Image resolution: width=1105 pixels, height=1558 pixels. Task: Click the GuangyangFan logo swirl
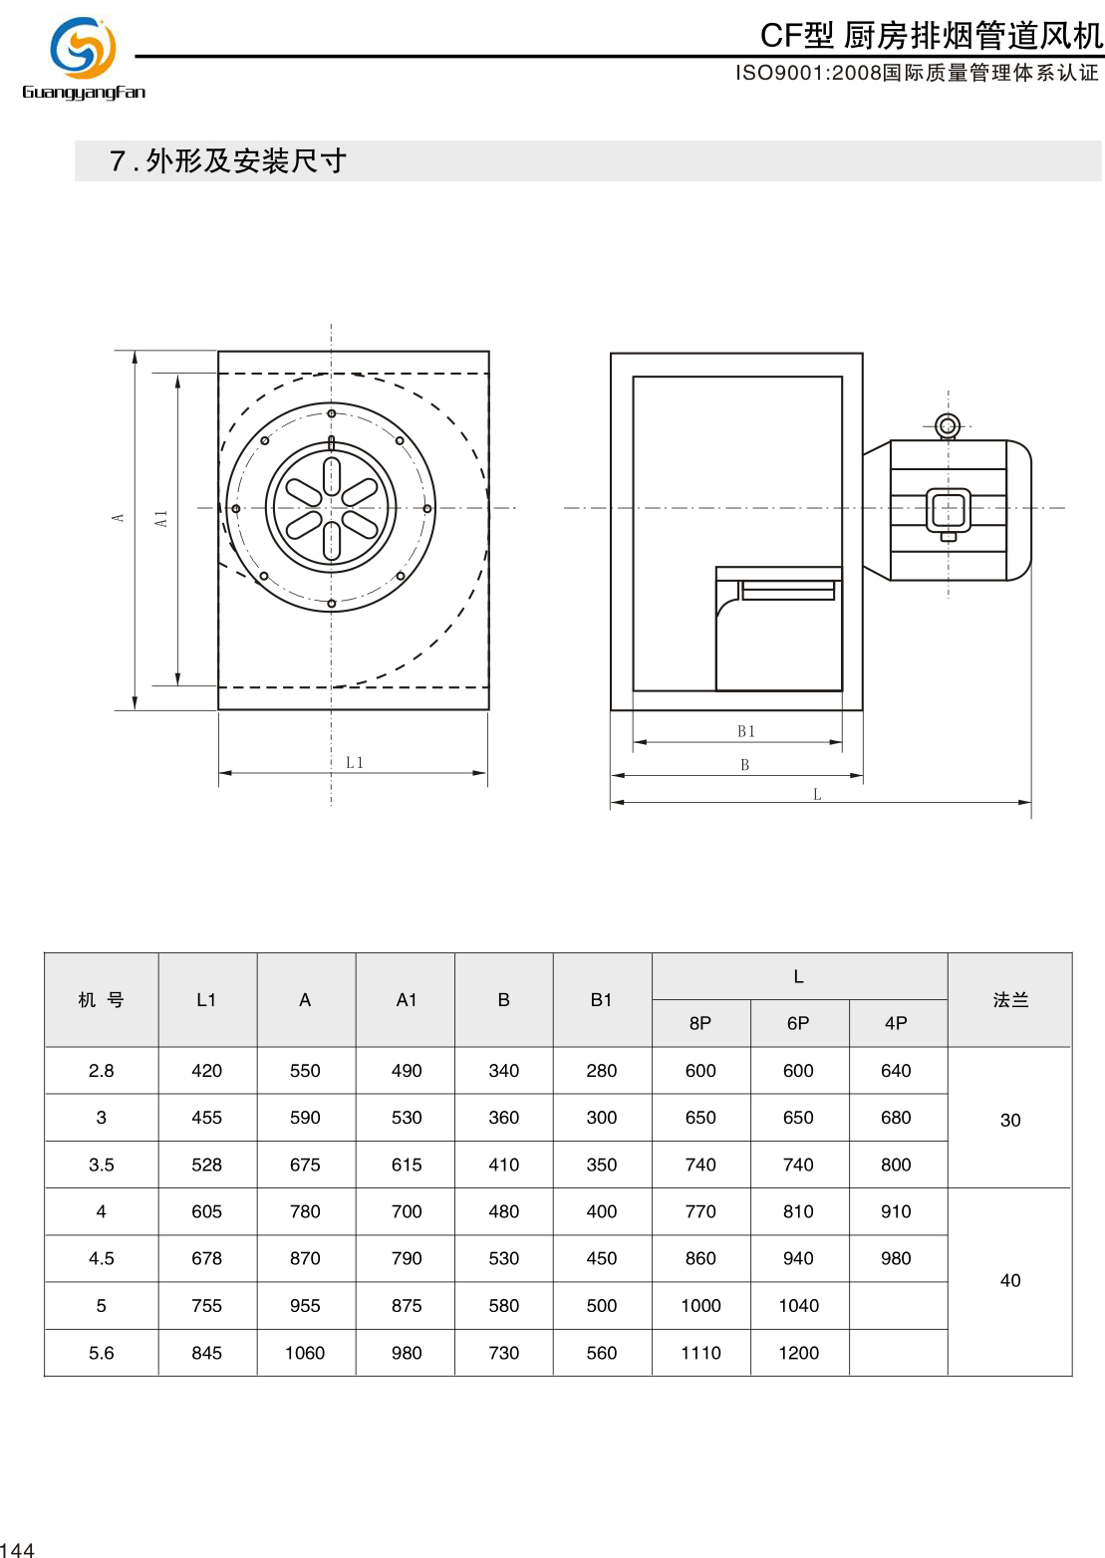pyautogui.click(x=84, y=47)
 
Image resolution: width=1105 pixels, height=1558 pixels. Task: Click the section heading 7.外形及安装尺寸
pyautogui.click(x=228, y=161)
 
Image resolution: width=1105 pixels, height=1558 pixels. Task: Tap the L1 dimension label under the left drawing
pyautogui.click(x=355, y=763)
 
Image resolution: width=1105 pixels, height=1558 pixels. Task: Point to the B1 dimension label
pyautogui.click(x=746, y=731)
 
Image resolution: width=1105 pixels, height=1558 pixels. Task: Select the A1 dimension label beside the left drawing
pyautogui.click(x=161, y=518)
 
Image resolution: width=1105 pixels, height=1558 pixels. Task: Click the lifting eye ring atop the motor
pyautogui.click(x=948, y=426)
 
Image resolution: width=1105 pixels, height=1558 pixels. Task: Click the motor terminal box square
pyautogui.click(x=949, y=510)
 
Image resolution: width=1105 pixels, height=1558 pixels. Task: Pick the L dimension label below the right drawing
pyautogui.click(x=817, y=794)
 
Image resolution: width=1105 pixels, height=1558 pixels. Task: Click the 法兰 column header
pyautogui.click(x=1009, y=999)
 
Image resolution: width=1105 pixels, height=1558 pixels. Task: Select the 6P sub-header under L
pyautogui.click(x=798, y=1023)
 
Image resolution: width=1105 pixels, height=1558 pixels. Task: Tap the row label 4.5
pyautogui.click(x=102, y=1258)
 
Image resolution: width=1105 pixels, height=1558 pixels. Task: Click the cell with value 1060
pyautogui.click(x=305, y=1353)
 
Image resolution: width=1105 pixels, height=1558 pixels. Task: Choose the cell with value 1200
pyautogui.click(x=798, y=1353)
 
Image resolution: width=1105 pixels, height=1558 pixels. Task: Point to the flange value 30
pyautogui.click(x=1009, y=1120)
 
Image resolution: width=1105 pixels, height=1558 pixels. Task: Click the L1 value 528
pyautogui.click(x=206, y=1165)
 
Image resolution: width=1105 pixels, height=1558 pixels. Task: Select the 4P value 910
pyautogui.click(x=896, y=1211)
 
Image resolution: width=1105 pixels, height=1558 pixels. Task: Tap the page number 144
pyautogui.click(x=17, y=1549)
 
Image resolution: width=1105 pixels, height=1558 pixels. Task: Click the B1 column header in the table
pyautogui.click(x=601, y=999)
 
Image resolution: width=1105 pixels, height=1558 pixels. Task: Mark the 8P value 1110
pyautogui.click(x=700, y=1353)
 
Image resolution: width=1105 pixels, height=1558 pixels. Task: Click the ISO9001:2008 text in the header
pyautogui.click(x=808, y=73)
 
